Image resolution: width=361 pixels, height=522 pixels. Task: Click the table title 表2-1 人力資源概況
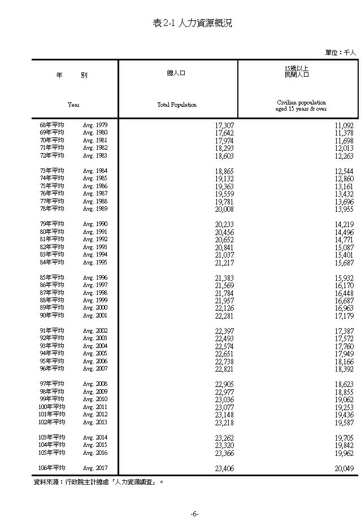click(x=192, y=23)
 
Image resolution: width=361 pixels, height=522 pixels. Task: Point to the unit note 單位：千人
click(x=341, y=52)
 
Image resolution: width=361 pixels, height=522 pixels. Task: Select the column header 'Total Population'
click(x=177, y=105)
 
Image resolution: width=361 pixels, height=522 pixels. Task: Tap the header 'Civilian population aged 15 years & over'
click(x=298, y=106)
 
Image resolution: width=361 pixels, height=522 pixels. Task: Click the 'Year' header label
click(x=73, y=105)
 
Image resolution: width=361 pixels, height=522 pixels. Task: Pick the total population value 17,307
click(x=224, y=125)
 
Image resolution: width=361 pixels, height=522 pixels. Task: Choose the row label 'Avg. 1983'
click(x=95, y=155)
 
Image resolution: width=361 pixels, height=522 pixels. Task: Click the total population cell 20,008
click(x=224, y=209)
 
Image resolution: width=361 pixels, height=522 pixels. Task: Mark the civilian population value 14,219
click(x=344, y=224)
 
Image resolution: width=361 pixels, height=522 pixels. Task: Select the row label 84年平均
click(x=52, y=262)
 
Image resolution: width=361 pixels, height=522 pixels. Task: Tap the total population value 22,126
click(x=224, y=308)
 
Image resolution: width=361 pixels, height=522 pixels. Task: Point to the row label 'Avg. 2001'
click(x=95, y=316)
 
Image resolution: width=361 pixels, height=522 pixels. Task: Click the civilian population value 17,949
click(x=344, y=354)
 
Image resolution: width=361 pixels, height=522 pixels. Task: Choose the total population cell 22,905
click(x=224, y=384)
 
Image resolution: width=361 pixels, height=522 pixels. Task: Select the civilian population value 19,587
click(x=344, y=423)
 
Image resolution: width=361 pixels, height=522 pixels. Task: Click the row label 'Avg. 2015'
click(x=95, y=445)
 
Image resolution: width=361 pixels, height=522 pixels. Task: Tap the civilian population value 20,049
click(x=344, y=468)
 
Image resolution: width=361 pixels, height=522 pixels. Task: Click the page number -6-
click(x=193, y=514)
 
